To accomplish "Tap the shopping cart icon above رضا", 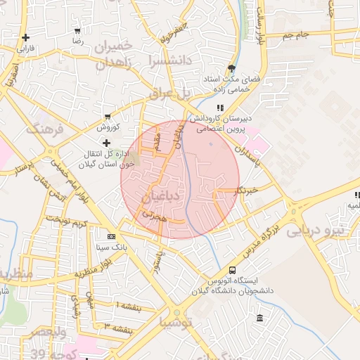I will pos(77,31).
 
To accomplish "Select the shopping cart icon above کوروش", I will pos(107,116).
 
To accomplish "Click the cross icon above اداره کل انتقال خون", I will pos(107,143).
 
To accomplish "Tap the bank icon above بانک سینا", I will pos(111,237).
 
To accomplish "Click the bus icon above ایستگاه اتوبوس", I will pos(233,271).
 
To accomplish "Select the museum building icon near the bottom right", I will pos(260,319).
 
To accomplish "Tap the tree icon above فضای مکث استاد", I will pos(231,68).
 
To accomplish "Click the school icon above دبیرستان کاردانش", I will pos(220,108).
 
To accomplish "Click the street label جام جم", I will pos(296,34).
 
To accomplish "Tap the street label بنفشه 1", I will pos(128,307).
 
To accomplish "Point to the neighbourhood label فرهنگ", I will pos(44,129).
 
